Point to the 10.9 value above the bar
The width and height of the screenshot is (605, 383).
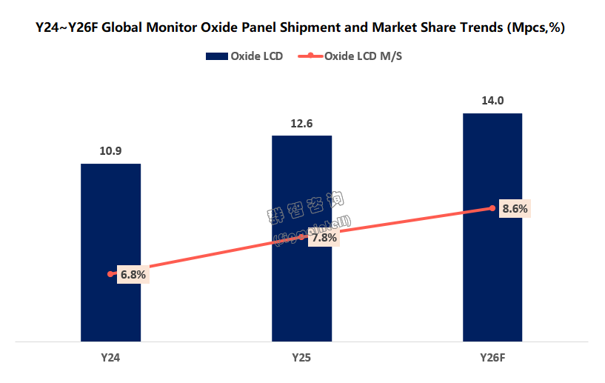tap(110, 151)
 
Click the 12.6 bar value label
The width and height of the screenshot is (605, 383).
tap(301, 124)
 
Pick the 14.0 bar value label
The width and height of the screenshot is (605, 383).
tap(492, 101)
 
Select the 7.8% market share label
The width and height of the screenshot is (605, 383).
tap(324, 238)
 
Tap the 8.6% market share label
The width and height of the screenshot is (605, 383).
tap(515, 209)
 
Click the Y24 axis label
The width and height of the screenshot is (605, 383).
tap(110, 359)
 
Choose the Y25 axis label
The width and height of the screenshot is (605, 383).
tap(301, 359)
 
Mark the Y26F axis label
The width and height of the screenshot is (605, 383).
tap(492, 359)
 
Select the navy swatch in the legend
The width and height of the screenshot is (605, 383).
tap(215, 56)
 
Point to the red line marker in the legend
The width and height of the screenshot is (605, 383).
tap(312, 56)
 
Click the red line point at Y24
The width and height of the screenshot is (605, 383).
tap(110, 274)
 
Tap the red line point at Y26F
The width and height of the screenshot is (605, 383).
tap(492, 208)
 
